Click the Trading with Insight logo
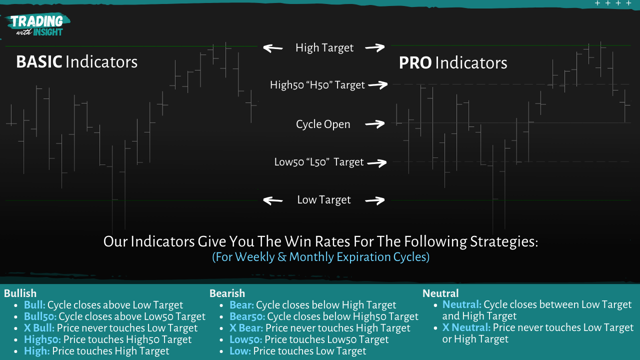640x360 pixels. click(x=37, y=24)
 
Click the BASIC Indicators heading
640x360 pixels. click(x=76, y=62)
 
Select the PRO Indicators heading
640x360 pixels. click(x=452, y=63)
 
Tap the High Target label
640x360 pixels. click(x=324, y=47)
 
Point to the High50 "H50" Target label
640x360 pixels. click(x=317, y=85)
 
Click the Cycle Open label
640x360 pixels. click(x=323, y=124)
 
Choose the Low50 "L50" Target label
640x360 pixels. click(x=318, y=162)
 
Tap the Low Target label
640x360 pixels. click(x=323, y=200)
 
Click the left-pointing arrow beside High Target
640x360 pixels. click(x=272, y=48)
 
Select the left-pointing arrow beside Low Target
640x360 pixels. click(x=272, y=200)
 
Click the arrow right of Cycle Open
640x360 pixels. click(x=374, y=124)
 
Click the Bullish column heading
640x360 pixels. click(x=20, y=293)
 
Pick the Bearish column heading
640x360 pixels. click(x=227, y=293)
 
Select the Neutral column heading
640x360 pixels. click(x=440, y=293)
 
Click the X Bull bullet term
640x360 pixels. click(x=39, y=328)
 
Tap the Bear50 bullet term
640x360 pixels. click(x=247, y=316)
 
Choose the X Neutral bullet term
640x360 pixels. click(x=466, y=327)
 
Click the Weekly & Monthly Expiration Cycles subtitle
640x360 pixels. click(x=320, y=257)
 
